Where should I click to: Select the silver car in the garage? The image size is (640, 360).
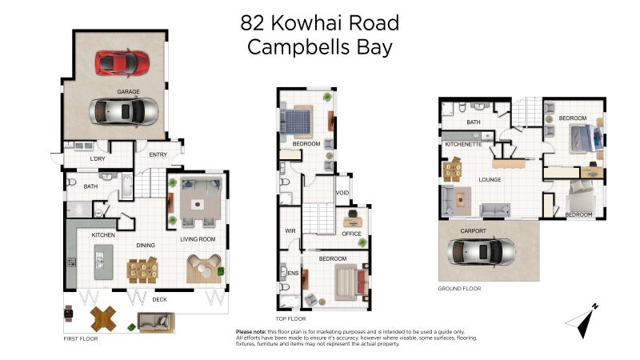coord(124,110)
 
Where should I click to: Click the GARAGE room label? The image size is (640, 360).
coord(129,92)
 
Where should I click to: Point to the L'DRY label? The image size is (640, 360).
coord(98,159)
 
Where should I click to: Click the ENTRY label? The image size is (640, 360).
coord(158,154)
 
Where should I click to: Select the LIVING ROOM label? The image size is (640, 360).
coord(198,238)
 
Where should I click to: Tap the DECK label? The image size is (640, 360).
coord(160,300)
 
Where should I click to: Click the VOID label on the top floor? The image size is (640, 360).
coord(342,193)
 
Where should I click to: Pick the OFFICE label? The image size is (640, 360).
coord(352,234)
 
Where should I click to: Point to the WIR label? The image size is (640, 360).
coord(291,230)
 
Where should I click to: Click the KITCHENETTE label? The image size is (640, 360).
coord(463,144)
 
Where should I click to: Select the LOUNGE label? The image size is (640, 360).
coord(490,179)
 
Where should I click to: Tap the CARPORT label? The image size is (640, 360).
coord(473,230)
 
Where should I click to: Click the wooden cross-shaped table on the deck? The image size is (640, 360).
coord(101,318)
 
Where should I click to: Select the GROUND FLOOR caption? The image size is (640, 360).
coord(459,288)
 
